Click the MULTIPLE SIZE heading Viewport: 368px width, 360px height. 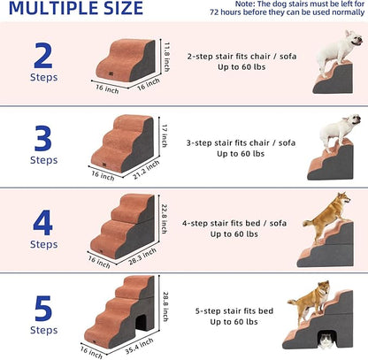click(76, 9)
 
